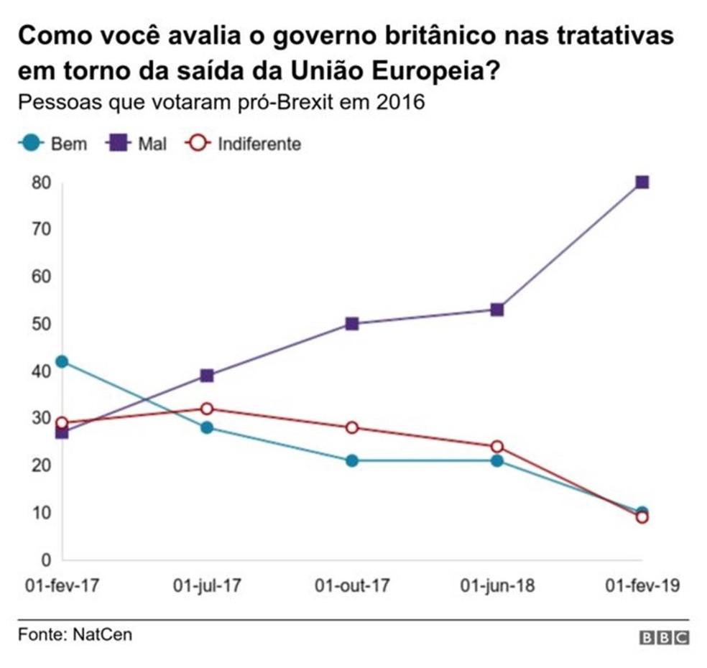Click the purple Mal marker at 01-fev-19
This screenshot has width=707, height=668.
(642, 182)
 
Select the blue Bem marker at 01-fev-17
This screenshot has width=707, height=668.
(63, 361)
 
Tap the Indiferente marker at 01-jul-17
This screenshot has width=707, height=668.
(207, 409)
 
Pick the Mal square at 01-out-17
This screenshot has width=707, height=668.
(352, 324)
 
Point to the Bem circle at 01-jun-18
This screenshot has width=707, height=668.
(496, 460)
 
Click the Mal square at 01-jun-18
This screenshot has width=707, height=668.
(496, 310)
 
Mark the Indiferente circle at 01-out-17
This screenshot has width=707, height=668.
(352, 427)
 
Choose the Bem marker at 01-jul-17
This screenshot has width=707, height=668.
(207, 427)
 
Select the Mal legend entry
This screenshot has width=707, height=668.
(137, 144)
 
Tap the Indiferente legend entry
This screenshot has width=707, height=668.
(244, 144)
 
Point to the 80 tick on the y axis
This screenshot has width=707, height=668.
(42, 182)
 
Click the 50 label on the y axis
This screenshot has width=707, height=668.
(42, 324)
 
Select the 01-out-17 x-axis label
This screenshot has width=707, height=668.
(352, 586)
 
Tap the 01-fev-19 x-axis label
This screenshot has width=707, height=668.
(642, 586)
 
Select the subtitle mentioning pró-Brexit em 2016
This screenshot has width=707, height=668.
(221, 101)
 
